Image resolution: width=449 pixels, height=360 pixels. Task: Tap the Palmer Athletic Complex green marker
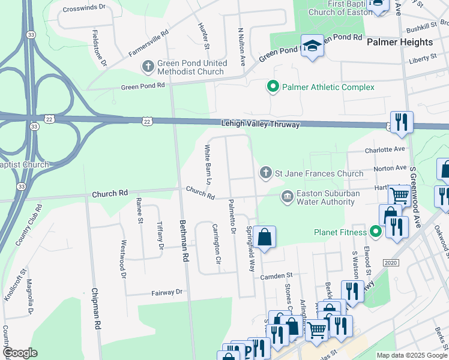(273, 88)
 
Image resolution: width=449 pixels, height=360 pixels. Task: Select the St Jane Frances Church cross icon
(266, 173)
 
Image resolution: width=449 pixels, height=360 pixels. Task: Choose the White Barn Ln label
(208, 164)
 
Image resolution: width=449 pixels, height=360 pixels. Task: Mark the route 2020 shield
(390, 263)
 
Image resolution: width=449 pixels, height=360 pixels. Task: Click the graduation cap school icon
(312, 46)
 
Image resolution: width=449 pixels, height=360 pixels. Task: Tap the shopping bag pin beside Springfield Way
(264, 237)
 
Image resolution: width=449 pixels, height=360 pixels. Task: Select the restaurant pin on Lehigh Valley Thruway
(401, 122)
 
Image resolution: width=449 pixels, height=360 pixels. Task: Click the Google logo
(20, 353)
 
